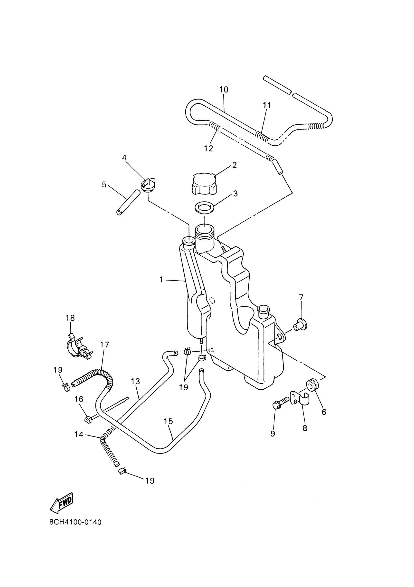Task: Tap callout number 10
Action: click(224, 90)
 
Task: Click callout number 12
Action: click(208, 149)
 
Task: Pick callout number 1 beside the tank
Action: click(161, 280)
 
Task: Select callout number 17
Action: click(104, 345)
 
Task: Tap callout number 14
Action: click(79, 434)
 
